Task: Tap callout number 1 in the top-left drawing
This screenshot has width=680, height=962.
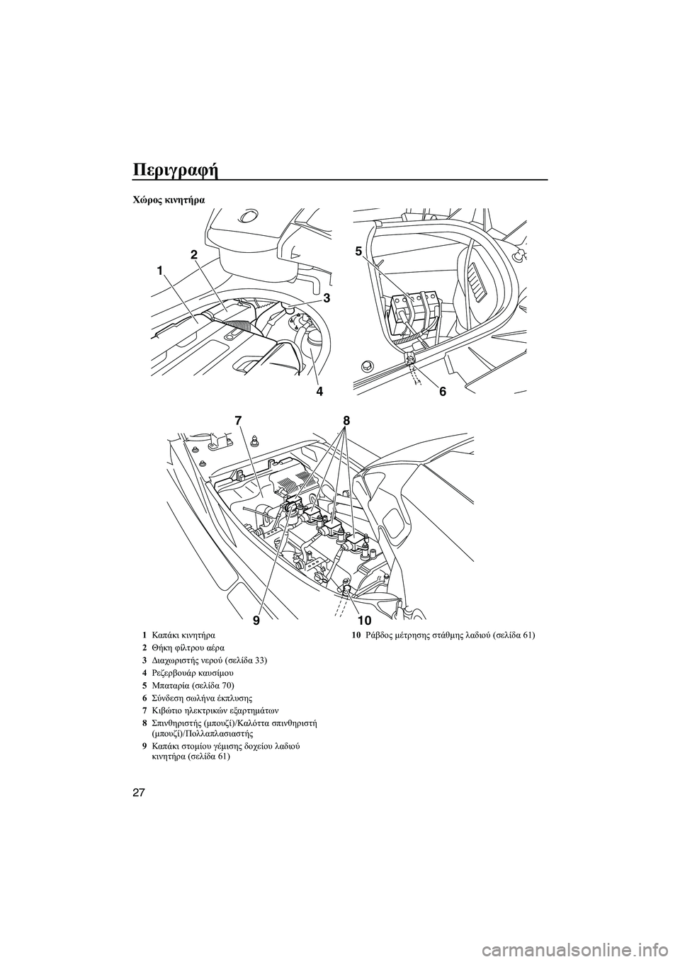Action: pos(161,270)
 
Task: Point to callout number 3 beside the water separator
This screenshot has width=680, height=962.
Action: pos(327,299)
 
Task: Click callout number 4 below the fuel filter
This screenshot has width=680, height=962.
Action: pos(319,390)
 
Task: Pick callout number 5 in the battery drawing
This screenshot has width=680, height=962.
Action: pos(358,251)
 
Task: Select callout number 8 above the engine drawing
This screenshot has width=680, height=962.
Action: pos(346,420)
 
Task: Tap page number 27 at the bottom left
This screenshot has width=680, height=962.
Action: pos(140,791)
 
